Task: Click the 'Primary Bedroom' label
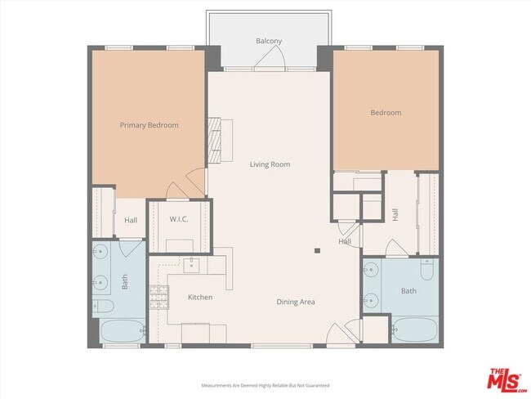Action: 149,125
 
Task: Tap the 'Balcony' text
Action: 269,41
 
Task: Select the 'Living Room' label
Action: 270,164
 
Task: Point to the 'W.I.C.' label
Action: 180,219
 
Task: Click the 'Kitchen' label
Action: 200,297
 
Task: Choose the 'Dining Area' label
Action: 296,302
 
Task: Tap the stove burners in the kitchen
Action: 158,297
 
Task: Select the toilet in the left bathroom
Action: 104,307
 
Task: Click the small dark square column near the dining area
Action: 317,251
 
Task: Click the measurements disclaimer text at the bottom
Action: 265,384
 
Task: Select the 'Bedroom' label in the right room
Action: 386,112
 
